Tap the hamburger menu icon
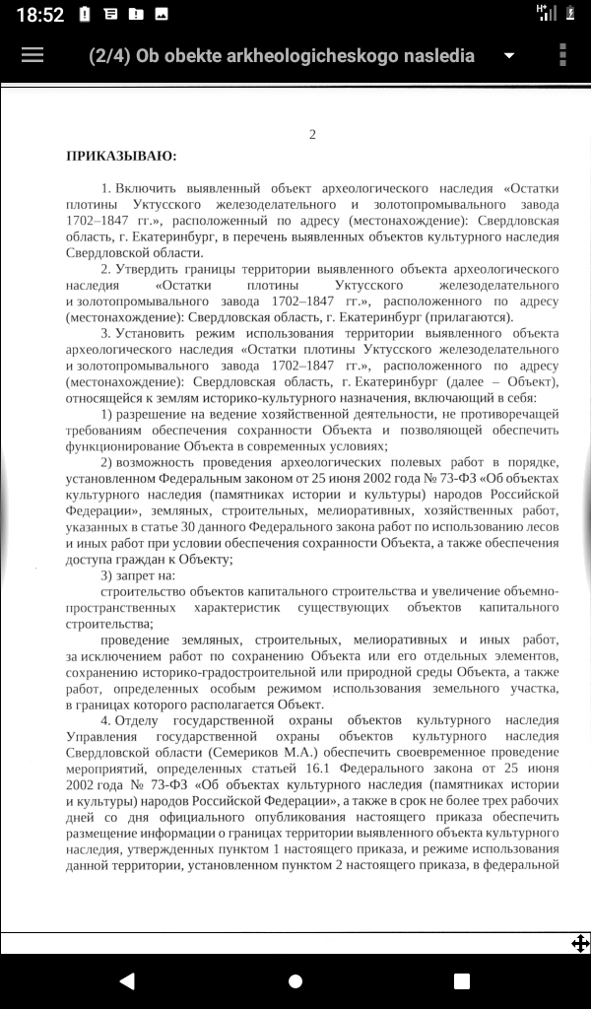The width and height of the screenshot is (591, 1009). click(x=33, y=55)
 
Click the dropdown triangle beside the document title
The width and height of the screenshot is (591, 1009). click(x=509, y=56)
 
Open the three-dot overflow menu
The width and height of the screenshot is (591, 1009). click(x=562, y=55)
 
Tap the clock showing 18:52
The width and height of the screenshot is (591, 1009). click(x=39, y=14)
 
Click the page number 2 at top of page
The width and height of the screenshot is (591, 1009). click(x=312, y=134)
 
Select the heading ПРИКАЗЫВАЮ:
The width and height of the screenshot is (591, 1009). click(x=121, y=156)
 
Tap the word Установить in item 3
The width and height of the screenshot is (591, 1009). click(x=154, y=333)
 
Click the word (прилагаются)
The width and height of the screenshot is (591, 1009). click(x=468, y=316)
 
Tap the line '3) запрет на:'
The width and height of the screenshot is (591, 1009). click(x=138, y=575)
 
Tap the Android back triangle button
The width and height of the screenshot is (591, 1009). click(x=126, y=980)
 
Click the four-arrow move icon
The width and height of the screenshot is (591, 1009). click(x=580, y=943)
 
